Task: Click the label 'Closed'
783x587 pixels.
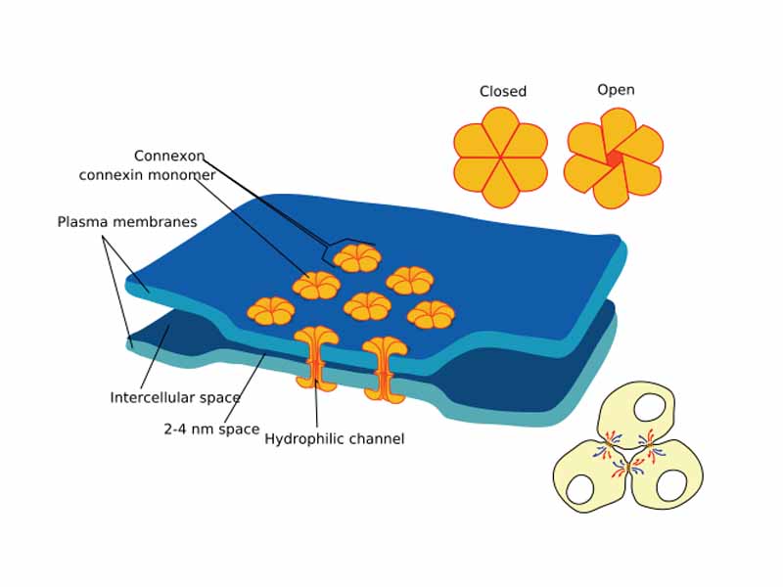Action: point(502,91)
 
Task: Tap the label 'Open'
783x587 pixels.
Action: point(616,90)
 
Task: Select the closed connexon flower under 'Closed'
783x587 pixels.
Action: point(500,157)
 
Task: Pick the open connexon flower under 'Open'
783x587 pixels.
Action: point(615,158)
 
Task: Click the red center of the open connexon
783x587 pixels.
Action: point(614,158)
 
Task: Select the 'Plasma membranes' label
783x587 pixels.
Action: point(127,222)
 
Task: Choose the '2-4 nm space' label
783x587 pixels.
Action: point(211,429)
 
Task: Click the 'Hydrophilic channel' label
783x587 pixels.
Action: point(334,439)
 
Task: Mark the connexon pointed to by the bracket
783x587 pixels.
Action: point(356,257)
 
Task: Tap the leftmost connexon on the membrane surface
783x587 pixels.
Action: point(270,311)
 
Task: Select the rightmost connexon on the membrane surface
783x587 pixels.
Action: point(431,314)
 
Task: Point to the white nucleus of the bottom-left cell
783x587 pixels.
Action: point(582,488)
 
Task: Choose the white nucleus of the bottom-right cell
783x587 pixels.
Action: point(671,485)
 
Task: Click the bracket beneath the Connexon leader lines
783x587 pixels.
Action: point(348,241)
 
